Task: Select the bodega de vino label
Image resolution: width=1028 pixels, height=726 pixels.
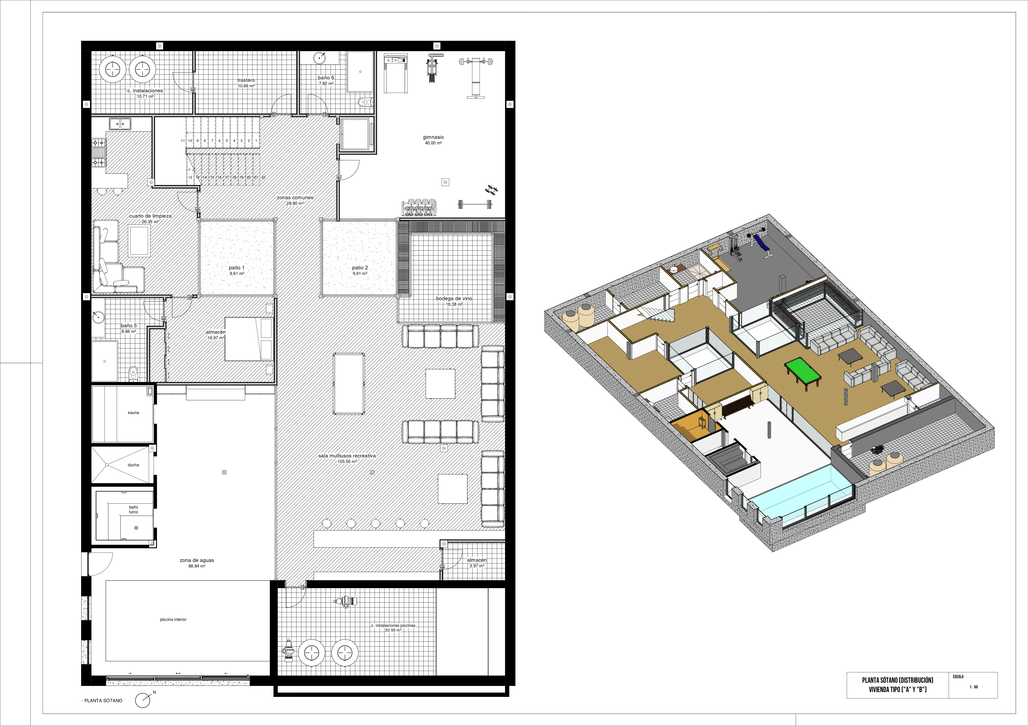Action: [454, 299]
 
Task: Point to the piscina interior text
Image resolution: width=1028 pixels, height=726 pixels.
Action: [173, 619]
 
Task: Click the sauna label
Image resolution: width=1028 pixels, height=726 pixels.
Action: [133, 413]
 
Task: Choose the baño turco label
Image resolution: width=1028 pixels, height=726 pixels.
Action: [133, 509]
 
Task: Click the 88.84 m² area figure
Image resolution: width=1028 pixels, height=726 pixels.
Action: [197, 566]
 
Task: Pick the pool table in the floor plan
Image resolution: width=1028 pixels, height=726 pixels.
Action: [349, 384]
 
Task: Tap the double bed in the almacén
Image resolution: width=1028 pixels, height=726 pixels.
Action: [249, 339]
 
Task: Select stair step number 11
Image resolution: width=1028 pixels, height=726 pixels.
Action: [183, 140]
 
